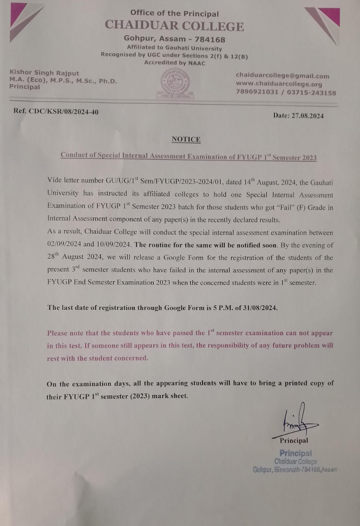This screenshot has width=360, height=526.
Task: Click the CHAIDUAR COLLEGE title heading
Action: pos(174,26)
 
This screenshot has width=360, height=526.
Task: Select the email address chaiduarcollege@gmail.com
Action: pos(282,76)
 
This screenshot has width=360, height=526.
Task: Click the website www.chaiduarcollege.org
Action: pos(279,84)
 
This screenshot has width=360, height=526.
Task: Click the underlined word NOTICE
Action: pos(186,139)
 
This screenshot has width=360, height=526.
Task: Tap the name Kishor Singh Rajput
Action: pos(44,72)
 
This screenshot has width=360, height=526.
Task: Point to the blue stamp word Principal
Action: pos(295,453)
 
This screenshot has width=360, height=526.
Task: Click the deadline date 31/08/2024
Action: pos(259,307)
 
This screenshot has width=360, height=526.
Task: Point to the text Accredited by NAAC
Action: pos(174,63)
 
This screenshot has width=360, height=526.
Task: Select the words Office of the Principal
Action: pos(174,14)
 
